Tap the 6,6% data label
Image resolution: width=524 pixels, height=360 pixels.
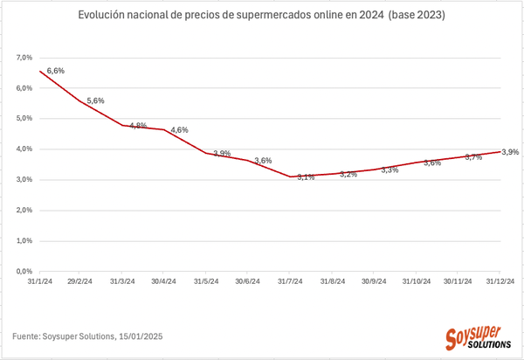coord(55,70)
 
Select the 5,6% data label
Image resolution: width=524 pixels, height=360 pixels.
coord(96,100)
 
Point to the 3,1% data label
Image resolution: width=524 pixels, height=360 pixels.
coord(306,177)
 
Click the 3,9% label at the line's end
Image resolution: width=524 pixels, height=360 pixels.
coord(510,151)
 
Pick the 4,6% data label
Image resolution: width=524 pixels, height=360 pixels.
coord(180,130)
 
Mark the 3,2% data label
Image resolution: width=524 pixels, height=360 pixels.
coord(348,175)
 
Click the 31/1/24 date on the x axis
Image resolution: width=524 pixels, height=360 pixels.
coord(39,282)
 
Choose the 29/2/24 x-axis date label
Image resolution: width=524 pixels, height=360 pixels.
coord(81,282)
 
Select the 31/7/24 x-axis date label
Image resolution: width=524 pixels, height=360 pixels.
coord(291,282)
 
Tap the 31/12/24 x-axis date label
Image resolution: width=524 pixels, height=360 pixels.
coord(500,282)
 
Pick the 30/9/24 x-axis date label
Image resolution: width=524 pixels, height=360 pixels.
coord(375,282)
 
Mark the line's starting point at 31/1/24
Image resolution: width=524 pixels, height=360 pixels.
coord(40,71)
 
